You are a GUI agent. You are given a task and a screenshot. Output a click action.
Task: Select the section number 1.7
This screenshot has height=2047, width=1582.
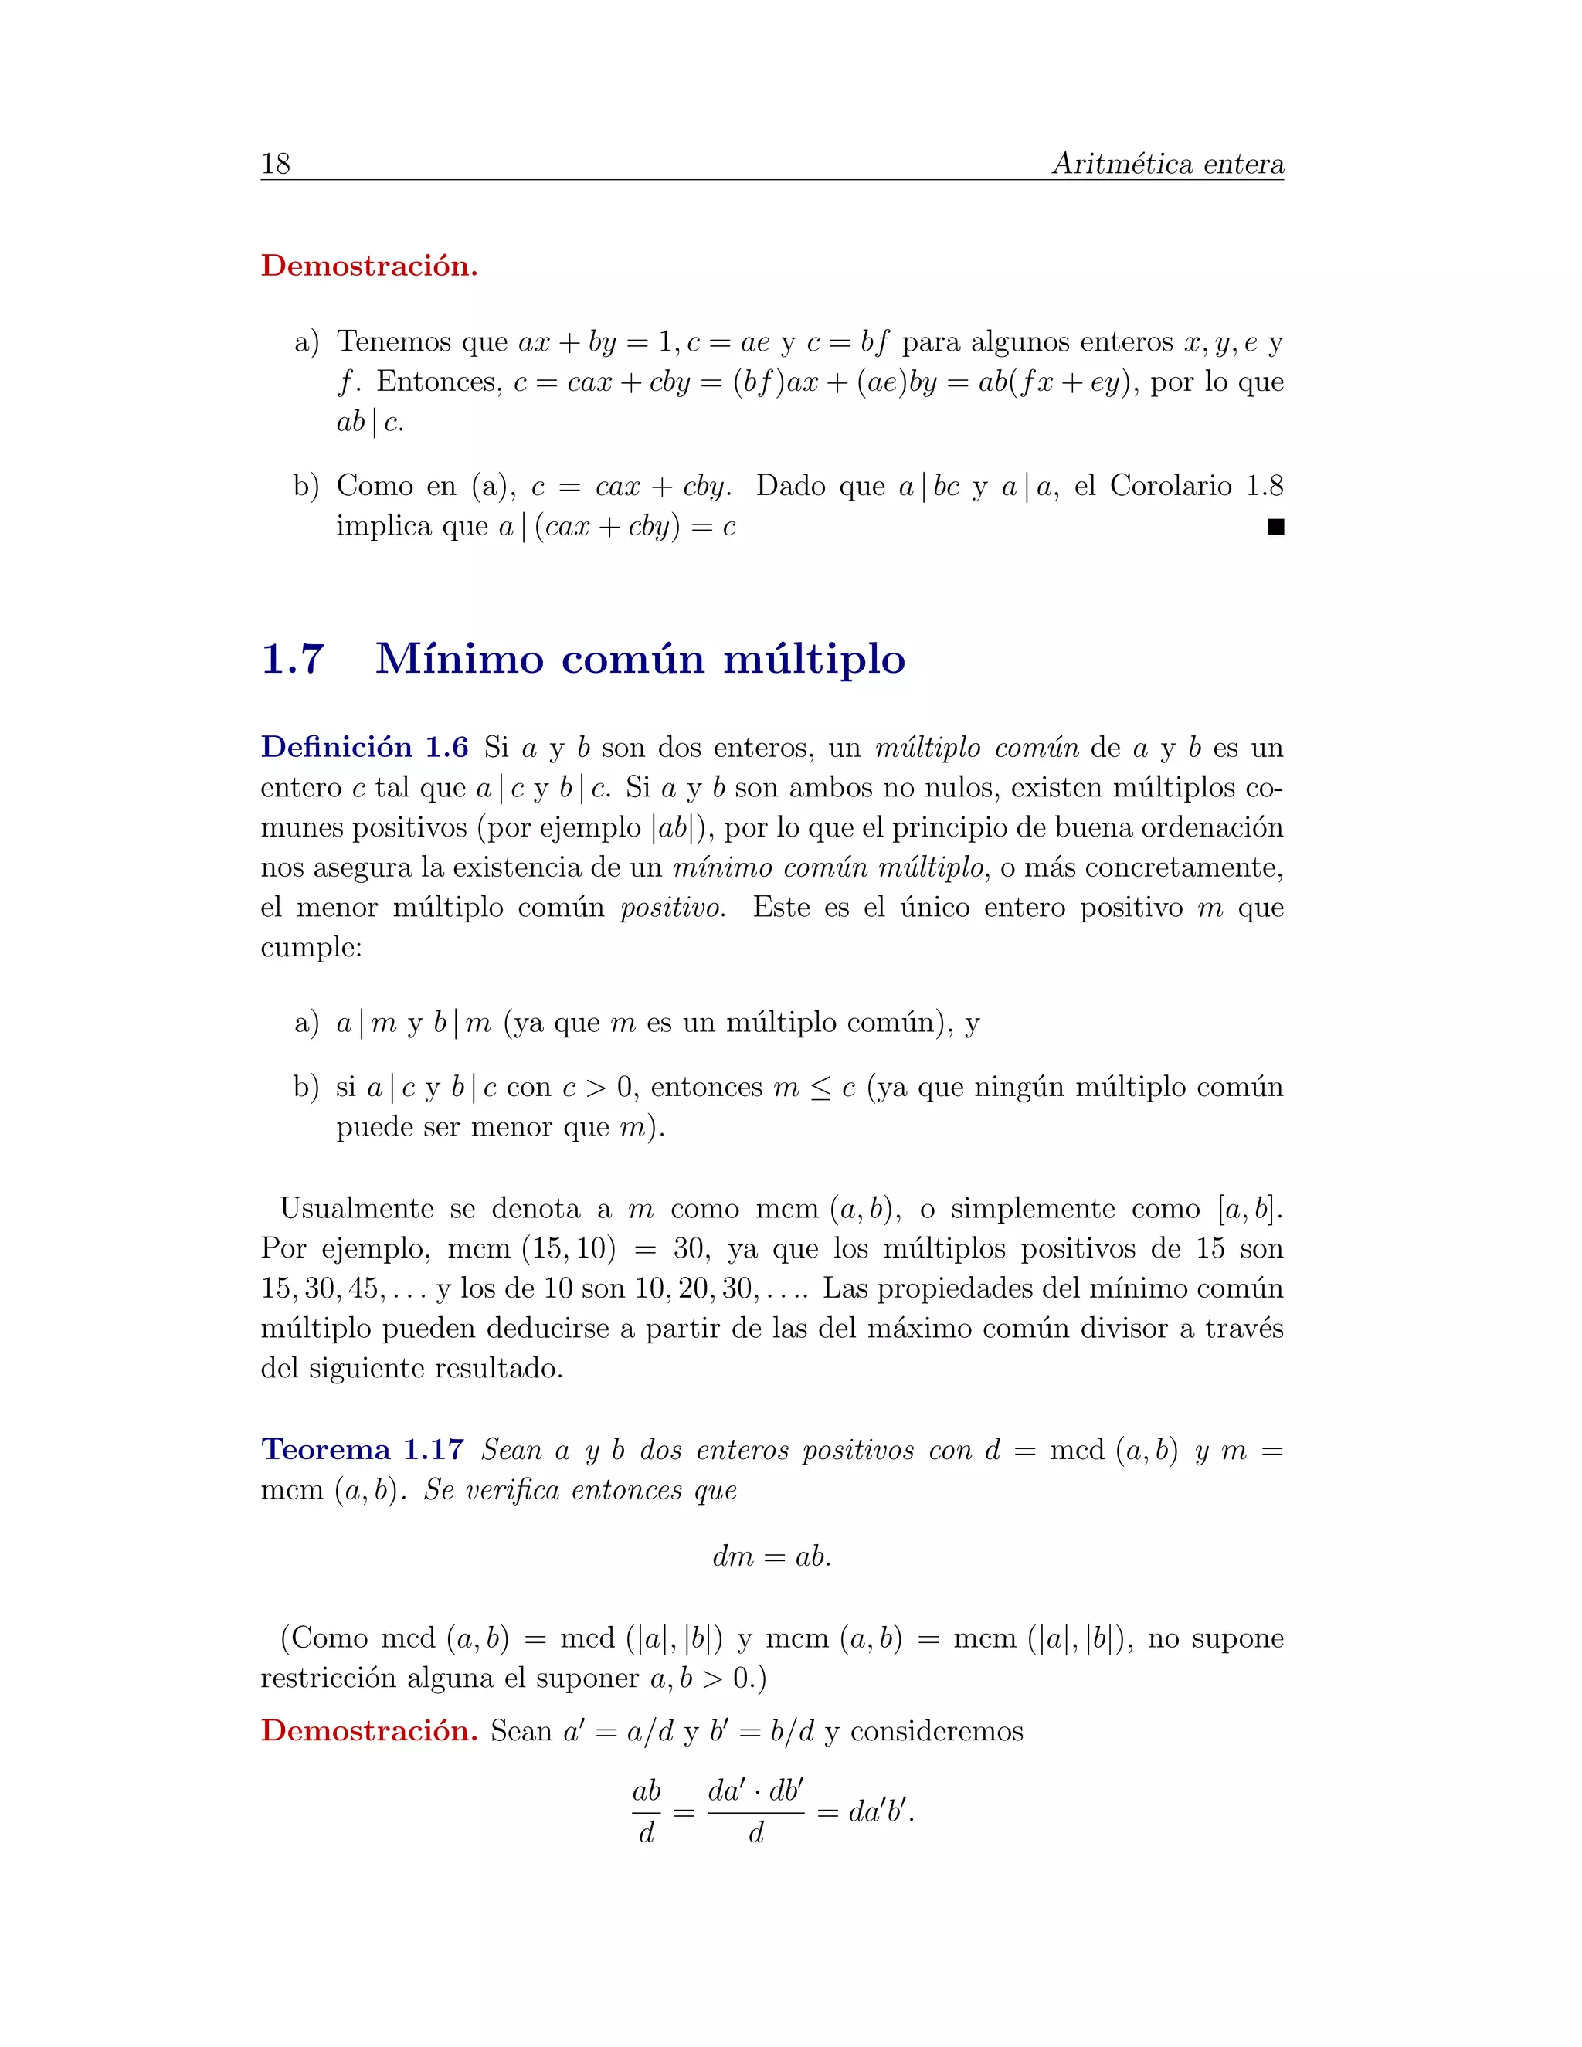293,659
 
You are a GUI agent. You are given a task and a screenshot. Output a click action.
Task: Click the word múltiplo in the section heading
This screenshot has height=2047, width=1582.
813,659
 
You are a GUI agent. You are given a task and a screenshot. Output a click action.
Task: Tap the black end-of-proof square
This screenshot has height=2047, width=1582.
1275,528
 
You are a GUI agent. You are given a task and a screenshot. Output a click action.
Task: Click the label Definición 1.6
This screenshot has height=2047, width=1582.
365,747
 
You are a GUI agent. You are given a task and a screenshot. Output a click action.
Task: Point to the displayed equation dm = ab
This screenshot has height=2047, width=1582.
772,1556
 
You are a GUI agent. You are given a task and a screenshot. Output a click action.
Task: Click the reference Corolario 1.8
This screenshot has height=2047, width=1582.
1196,486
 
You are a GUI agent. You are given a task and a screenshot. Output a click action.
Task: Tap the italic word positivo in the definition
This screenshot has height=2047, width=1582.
672,908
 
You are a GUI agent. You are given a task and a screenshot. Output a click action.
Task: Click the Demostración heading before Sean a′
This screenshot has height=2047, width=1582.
369,1730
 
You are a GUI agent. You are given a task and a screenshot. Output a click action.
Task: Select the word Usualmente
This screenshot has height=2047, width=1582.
356,1208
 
